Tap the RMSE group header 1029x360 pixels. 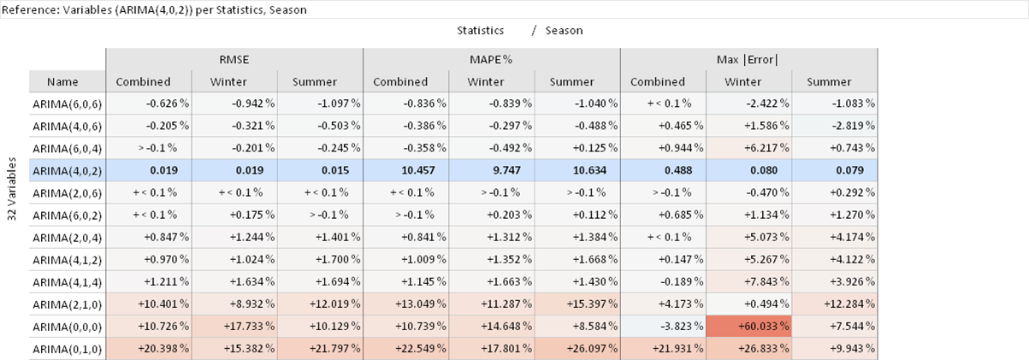coord(234,60)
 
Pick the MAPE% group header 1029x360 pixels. coord(492,60)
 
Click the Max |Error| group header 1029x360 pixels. coord(748,60)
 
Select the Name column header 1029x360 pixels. coord(62,82)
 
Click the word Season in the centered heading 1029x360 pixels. coord(564,30)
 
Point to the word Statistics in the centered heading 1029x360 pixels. coord(480,30)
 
